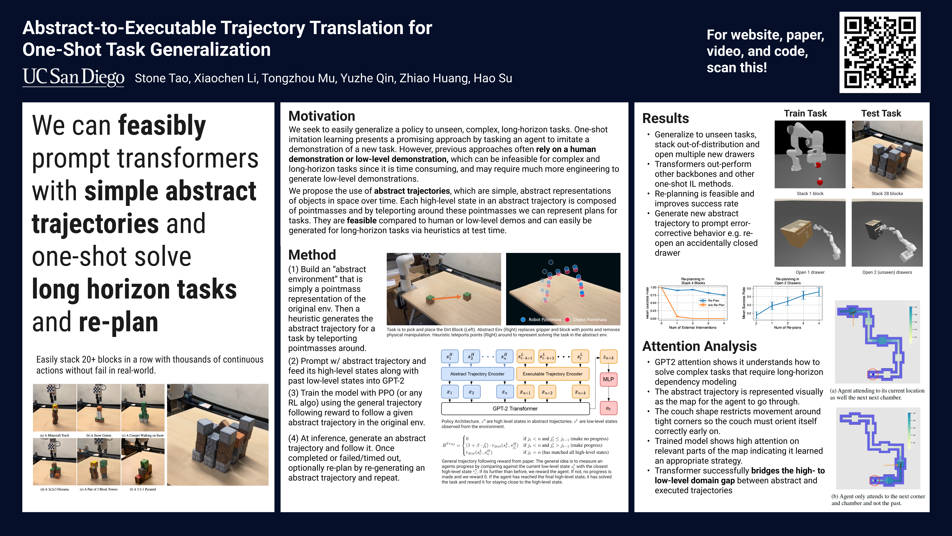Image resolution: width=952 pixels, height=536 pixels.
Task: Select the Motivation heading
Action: click(321, 116)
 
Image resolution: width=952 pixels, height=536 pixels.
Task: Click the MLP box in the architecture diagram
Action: click(608, 379)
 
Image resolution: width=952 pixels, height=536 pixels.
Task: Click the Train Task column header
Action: click(805, 114)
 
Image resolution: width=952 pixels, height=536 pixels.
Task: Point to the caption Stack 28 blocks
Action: click(887, 194)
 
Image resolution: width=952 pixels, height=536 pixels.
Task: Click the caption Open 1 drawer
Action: click(810, 272)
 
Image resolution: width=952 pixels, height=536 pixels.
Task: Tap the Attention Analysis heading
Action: click(699, 346)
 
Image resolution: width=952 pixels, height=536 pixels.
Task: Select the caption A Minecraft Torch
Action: click(55, 435)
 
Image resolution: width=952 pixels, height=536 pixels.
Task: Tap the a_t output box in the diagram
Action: click(608, 408)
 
